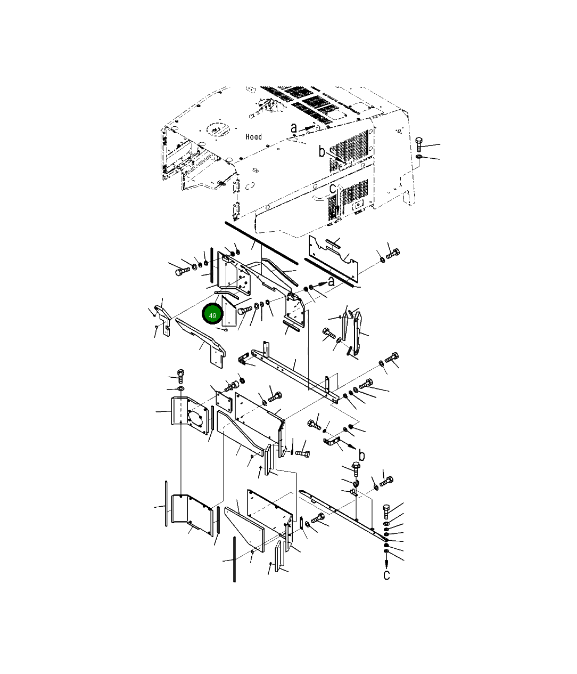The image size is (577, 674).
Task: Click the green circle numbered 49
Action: (x=212, y=314)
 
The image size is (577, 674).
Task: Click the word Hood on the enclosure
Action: (x=253, y=136)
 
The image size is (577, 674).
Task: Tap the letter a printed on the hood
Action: (x=294, y=128)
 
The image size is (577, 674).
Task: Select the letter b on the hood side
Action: (x=322, y=151)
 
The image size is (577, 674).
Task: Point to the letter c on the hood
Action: (x=332, y=189)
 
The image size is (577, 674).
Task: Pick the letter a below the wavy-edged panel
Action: (x=331, y=281)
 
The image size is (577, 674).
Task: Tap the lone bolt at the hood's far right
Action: (x=419, y=144)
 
